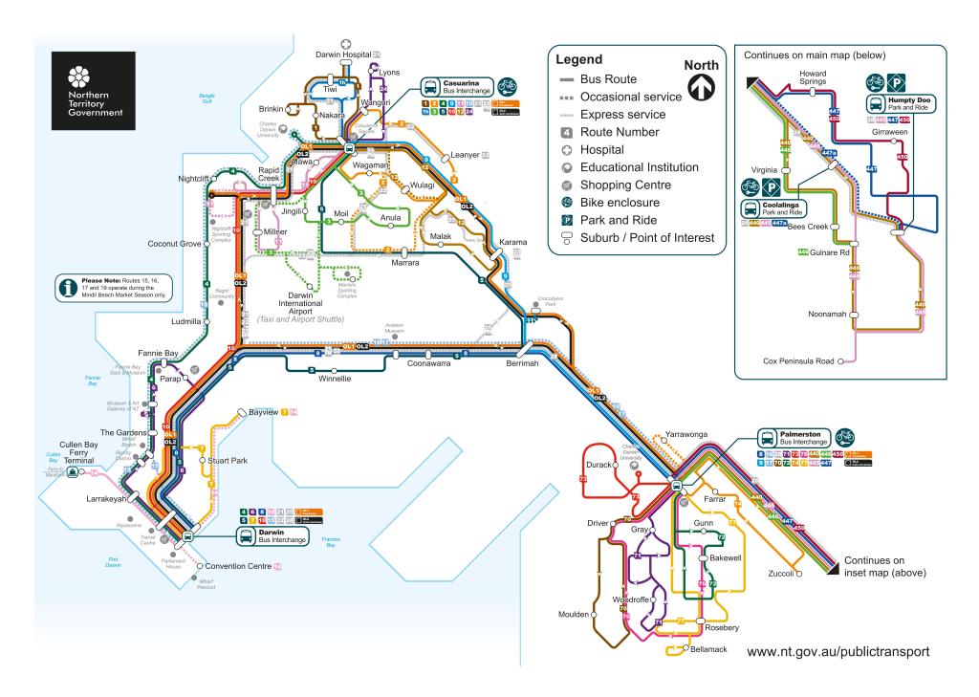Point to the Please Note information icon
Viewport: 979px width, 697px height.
[x=68, y=285]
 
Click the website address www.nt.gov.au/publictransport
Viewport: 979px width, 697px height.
[x=837, y=651]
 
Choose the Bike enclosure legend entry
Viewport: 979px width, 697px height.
[x=631, y=203]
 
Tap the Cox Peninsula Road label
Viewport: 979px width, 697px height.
[x=799, y=362]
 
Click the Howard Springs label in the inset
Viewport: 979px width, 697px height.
[x=813, y=77]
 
